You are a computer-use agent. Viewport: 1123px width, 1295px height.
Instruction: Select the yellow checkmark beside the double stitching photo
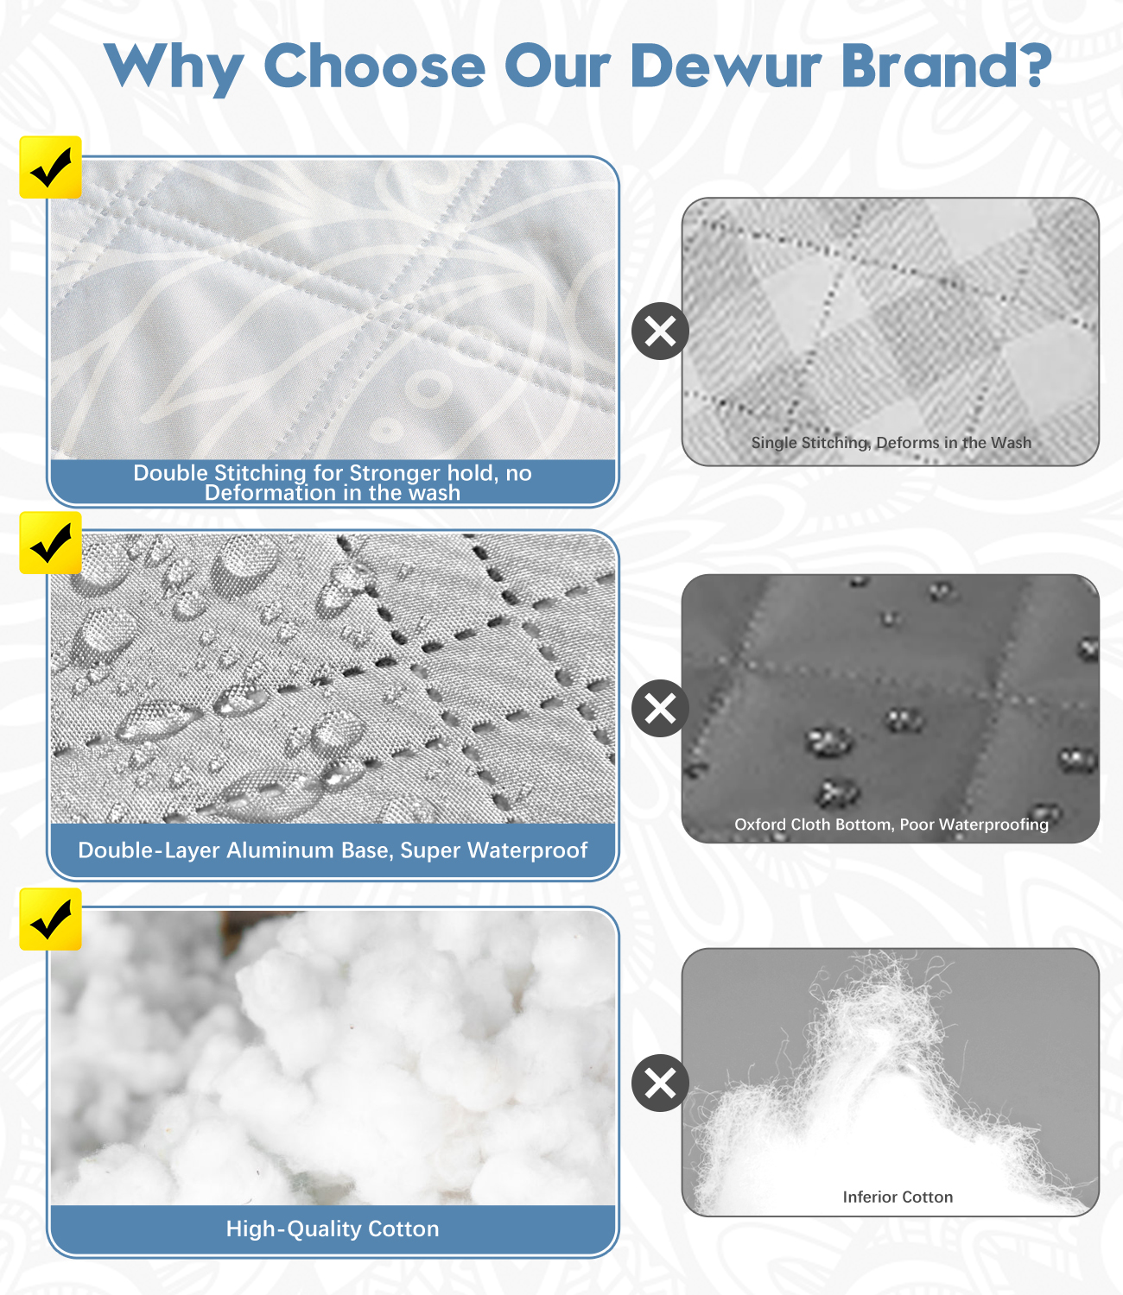tap(50, 167)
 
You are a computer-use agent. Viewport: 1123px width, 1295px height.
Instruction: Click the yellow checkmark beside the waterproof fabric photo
tap(50, 542)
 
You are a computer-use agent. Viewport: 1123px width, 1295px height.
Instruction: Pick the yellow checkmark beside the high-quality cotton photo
tap(50, 919)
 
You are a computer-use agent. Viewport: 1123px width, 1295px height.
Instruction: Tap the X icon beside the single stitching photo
tap(660, 331)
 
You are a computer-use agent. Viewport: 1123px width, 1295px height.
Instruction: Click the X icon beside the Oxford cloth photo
tap(660, 709)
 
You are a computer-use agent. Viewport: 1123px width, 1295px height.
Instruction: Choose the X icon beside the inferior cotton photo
tap(660, 1083)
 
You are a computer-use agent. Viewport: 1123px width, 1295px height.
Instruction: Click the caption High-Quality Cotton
tap(333, 1229)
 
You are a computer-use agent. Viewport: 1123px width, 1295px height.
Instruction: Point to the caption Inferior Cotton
tap(898, 1197)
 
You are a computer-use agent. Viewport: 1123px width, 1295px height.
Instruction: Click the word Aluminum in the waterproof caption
tap(280, 850)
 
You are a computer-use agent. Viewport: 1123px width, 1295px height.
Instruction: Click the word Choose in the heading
tap(375, 66)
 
